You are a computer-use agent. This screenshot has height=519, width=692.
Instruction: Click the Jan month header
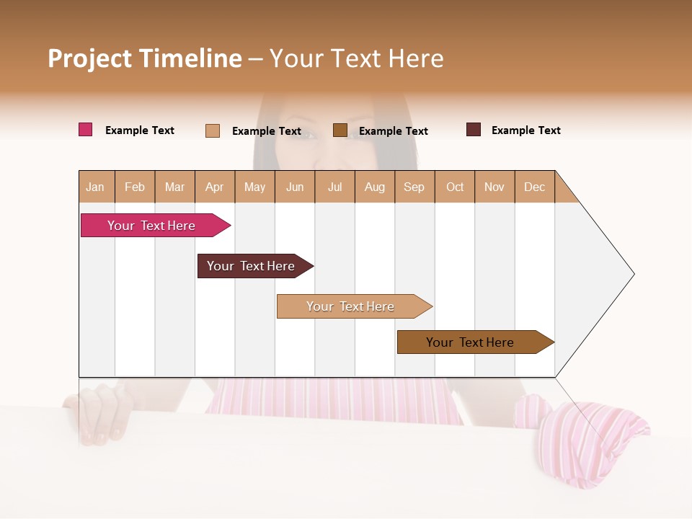(x=96, y=187)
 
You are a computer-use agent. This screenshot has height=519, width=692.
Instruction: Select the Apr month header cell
(x=215, y=187)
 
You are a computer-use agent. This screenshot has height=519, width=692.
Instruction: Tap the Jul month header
(x=335, y=187)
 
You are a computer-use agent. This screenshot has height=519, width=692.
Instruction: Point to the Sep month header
(x=414, y=187)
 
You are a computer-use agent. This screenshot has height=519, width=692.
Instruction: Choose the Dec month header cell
(x=534, y=187)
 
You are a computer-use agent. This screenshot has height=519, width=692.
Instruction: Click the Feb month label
(x=135, y=187)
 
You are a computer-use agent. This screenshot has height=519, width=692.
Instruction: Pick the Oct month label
(x=455, y=187)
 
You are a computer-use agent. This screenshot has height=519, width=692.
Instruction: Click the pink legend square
(x=86, y=130)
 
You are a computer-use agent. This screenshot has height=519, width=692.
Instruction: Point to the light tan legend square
(x=213, y=130)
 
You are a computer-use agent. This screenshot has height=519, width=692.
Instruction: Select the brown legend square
(x=340, y=130)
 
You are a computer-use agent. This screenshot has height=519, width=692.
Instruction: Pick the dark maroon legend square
(x=474, y=130)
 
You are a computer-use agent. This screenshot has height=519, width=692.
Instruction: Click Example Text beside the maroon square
(x=525, y=130)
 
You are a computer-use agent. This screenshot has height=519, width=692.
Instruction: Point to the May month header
(x=254, y=187)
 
